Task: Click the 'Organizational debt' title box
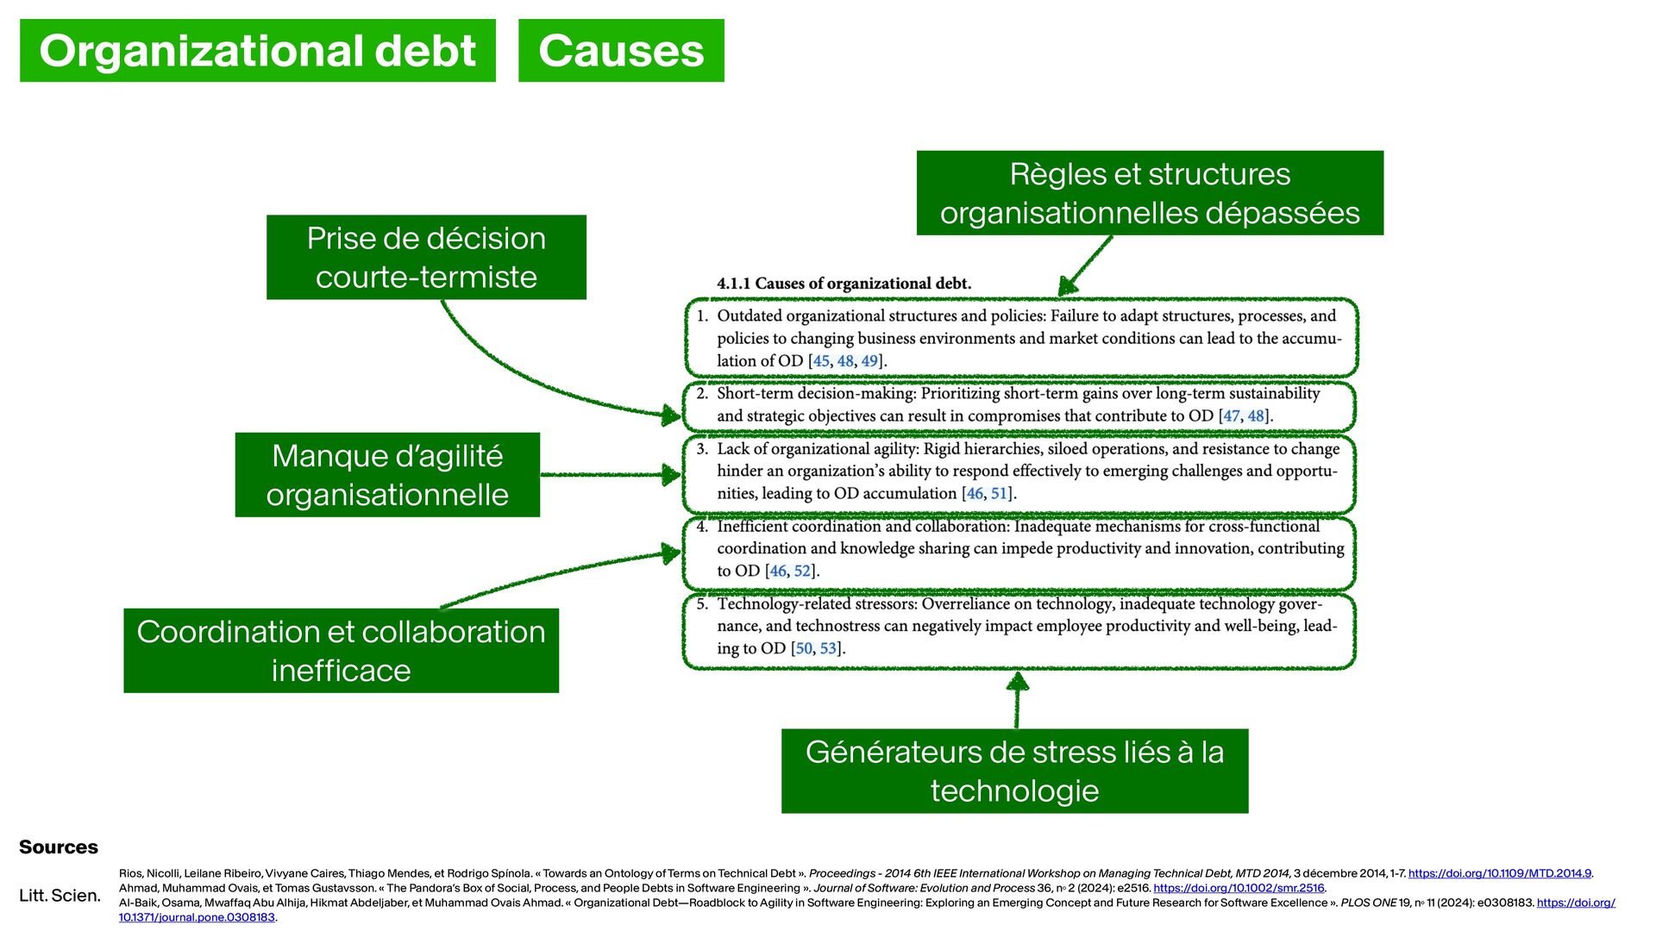257,51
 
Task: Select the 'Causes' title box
621,51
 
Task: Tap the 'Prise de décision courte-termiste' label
426,257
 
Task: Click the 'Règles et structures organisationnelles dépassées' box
1150,193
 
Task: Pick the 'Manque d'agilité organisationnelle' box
387,475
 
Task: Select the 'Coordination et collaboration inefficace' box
341,651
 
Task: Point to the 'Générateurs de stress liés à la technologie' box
1014,771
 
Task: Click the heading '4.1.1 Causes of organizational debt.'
844,284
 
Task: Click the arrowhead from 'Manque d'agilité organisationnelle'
670,474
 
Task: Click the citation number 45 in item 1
821,361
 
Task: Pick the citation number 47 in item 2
1232,416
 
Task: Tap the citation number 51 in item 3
999,494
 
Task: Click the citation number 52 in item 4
802,572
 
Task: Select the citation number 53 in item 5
828,648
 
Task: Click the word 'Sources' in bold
59,847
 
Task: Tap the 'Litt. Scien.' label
60,895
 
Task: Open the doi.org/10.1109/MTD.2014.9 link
1499,873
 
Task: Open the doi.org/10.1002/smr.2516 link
1239,888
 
